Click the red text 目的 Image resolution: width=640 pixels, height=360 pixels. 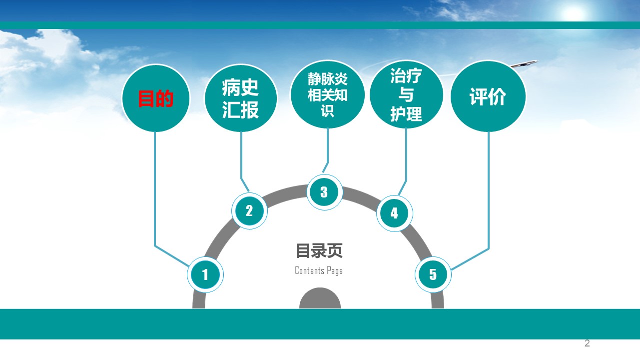click(x=156, y=98)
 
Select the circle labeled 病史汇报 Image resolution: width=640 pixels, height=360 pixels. click(x=241, y=98)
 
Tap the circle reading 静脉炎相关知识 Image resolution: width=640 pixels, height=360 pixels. click(x=327, y=94)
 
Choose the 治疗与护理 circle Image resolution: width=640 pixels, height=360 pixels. click(x=406, y=94)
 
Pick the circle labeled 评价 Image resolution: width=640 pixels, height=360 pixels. click(x=488, y=96)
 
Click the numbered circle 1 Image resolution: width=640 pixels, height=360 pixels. click(x=205, y=274)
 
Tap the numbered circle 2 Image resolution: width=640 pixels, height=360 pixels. click(x=249, y=210)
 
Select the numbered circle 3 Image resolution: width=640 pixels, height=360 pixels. click(x=324, y=192)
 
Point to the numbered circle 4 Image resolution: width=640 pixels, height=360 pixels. click(x=394, y=213)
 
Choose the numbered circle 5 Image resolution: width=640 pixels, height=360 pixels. click(x=433, y=274)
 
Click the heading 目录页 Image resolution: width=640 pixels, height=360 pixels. click(x=319, y=251)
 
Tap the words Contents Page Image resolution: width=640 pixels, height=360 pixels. click(x=319, y=270)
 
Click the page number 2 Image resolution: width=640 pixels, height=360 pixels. click(x=587, y=343)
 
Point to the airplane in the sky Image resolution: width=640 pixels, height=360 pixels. click(x=524, y=64)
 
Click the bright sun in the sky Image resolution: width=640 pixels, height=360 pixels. click(x=573, y=13)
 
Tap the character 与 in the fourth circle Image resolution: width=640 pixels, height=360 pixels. click(x=406, y=94)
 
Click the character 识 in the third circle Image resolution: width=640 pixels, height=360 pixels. click(x=327, y=110)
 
